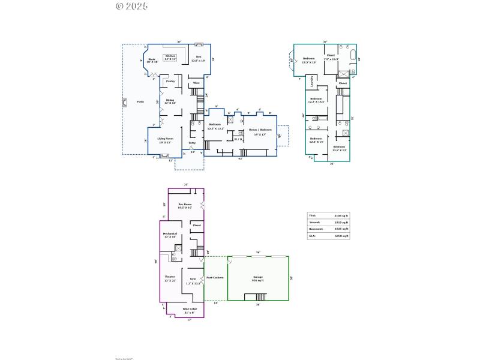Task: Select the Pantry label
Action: [170, 81]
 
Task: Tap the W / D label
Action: [238, 139]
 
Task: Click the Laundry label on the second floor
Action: [313, 81]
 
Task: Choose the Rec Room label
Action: [185, 206]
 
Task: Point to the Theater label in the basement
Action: [170, 278]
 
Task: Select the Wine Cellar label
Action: [190, 310]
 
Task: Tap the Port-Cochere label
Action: [215, 278]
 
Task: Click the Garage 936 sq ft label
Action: [258, 278]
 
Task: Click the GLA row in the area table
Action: [329, 236]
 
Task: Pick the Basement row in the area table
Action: [329, 229]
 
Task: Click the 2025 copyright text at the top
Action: [131, 6]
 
